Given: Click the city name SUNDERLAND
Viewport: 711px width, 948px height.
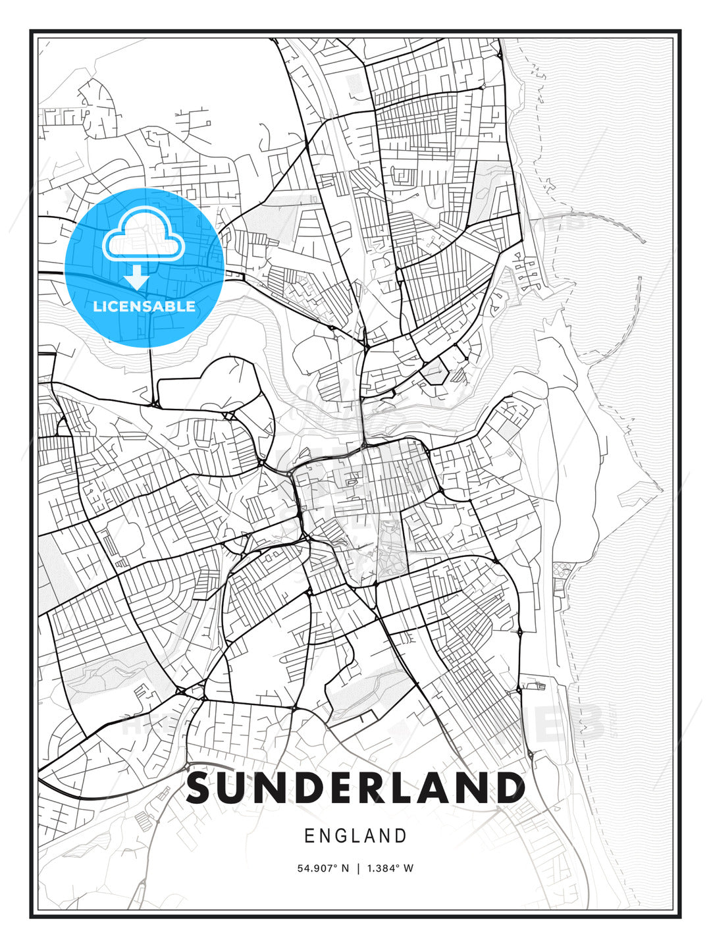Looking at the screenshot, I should pyautogui.click(x=355, y=787).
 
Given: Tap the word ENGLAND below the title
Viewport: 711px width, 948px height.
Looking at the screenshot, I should pyautogui.click(x=355, y=836).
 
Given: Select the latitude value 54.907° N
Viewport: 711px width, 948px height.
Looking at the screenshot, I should pyautogui.click(x=323, y=868).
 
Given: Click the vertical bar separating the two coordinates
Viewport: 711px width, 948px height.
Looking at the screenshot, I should pyautogui.click(x=358, y=868).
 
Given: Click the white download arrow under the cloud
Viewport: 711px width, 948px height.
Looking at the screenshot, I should pyautogui.click(x=137, y=277).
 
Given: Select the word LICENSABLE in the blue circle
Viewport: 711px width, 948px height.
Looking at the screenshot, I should pyautogui.click(x=144, y=306).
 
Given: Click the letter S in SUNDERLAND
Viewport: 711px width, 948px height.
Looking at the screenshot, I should pyautogui.click(x=202, y=787).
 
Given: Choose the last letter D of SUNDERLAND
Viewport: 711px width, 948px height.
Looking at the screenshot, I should pyautogui.click(x=508, y=787).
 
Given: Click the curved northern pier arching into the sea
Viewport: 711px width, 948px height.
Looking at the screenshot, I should pyautogui.click(x=612, y=221).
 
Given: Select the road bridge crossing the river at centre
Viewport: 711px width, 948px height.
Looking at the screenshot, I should pyautogui.click(x=363, y=421).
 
